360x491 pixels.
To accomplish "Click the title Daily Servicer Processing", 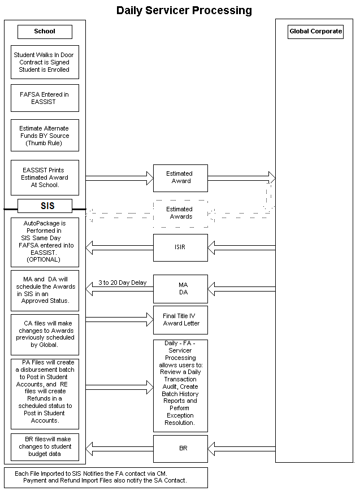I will (184, 10).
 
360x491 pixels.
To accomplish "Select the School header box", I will (45, 32).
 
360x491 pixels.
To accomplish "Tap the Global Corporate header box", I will (315, 32).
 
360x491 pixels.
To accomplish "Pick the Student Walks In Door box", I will (45, 62).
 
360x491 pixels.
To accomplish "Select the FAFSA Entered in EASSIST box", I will (45, 98).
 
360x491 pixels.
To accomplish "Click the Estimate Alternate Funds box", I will (45, 136).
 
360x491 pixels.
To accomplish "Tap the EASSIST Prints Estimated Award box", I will (45, 177).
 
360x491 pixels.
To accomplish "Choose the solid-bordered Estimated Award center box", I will (180, 178).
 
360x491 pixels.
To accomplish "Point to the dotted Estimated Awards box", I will (180, 213).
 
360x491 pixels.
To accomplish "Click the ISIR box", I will (180, 247).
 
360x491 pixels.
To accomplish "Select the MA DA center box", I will (180, 289).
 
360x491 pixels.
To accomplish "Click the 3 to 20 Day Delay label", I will (122, 283).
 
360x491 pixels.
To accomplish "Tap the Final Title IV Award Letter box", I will (180, 320).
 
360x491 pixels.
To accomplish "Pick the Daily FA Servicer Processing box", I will (180, 385).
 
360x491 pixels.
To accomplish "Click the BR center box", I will (180, 449).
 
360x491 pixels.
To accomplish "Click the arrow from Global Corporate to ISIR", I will (241, 247).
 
